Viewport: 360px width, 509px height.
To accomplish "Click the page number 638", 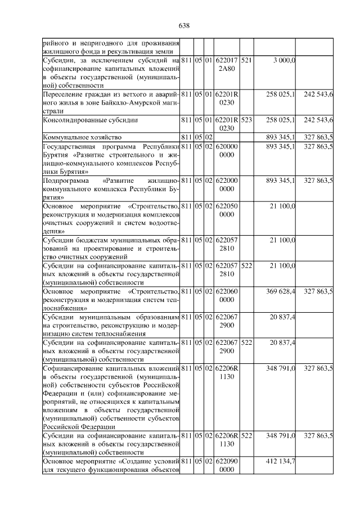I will (x=184, y=25).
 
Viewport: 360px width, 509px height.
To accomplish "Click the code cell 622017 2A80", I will (x=227, y=64).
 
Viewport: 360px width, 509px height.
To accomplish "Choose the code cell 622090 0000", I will (x=227, y=465).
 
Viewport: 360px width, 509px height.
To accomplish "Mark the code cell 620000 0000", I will (x=227, y=149).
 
